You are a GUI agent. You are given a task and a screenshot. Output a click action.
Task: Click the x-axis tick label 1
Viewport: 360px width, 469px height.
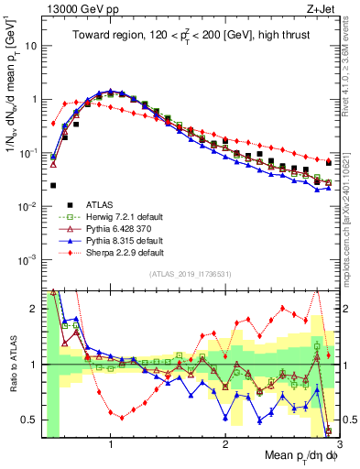pos(111,444)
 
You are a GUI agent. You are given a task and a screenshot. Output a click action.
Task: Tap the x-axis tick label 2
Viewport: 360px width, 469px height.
pos(225,444)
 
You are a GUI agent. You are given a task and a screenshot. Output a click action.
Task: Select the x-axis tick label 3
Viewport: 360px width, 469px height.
pos(338,444)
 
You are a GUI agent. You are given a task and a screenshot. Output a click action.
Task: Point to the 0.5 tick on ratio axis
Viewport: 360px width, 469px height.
pos(32,420)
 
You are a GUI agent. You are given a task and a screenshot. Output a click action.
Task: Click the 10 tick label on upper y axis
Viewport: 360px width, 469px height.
pos(30,45)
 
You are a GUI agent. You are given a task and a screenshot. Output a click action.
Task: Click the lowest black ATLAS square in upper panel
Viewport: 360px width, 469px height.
pos(53,185)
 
